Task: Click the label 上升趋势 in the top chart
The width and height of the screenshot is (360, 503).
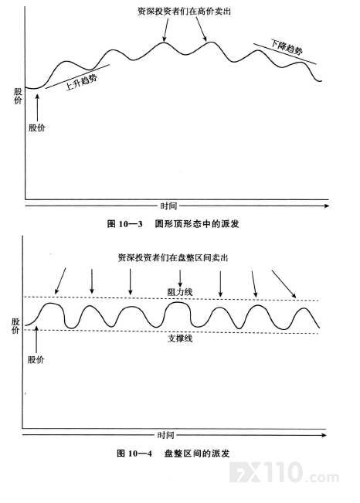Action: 81,82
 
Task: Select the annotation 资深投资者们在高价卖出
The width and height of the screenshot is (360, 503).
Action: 184,12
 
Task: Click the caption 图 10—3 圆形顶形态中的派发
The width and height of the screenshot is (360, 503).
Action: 173,223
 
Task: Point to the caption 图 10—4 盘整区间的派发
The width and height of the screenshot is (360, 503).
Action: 173,454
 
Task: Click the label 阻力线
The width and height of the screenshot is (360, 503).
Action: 180,292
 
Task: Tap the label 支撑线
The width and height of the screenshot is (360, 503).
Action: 180,338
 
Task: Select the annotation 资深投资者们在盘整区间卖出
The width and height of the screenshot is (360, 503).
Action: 173,257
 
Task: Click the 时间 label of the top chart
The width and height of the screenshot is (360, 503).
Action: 168,206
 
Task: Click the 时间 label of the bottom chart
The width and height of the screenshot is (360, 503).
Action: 165,435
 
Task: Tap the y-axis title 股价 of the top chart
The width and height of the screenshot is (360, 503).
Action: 18,97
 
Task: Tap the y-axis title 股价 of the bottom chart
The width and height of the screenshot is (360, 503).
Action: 15,326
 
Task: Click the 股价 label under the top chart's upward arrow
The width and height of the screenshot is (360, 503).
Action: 37,127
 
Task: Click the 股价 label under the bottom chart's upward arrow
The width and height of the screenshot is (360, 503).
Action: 36,359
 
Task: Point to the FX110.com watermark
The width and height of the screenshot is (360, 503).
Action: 284,473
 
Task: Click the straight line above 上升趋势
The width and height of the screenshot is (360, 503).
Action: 78,76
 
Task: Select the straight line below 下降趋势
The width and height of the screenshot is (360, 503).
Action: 284,53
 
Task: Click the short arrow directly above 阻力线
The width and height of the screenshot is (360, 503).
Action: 180,278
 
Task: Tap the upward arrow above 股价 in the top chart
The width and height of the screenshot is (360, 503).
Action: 38,107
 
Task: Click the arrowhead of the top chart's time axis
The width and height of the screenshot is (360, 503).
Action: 327,206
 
